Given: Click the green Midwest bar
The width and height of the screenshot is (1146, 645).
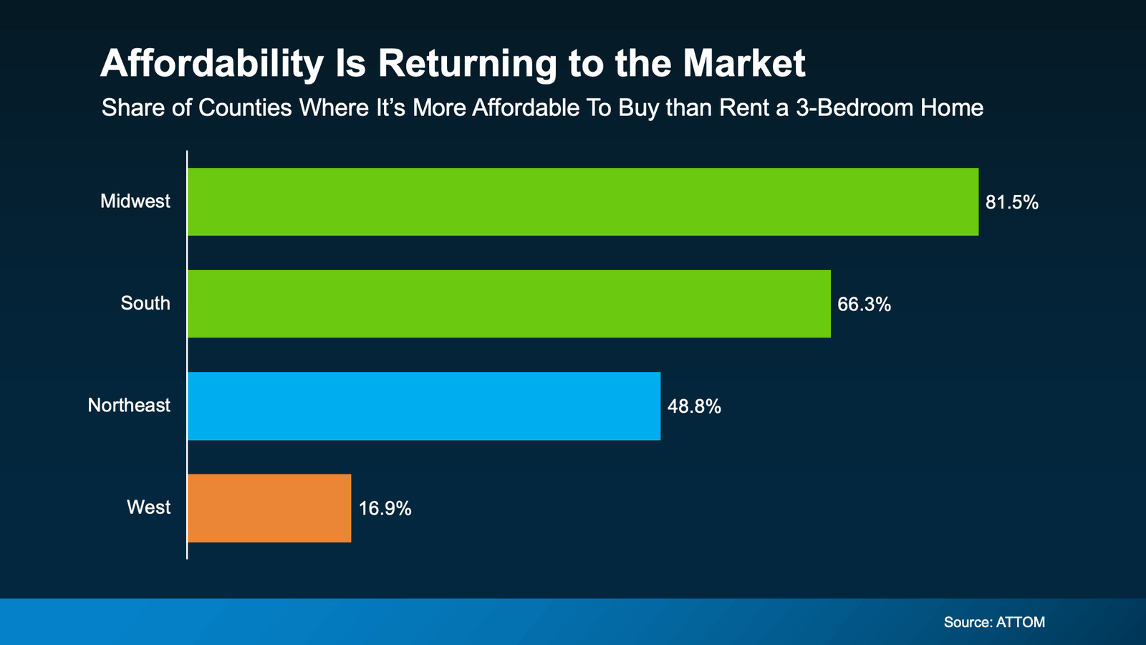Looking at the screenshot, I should (x=582, y=201).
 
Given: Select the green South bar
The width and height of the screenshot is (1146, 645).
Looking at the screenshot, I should (x=509, y=304).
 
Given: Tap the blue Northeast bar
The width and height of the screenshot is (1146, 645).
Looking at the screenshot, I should (x=423, y=406).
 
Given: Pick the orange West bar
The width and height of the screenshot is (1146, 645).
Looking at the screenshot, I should (x=269, y=507).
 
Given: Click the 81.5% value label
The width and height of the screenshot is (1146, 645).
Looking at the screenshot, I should (x=1011, y=203).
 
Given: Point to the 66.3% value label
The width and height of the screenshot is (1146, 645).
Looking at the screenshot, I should (x=864, y=305).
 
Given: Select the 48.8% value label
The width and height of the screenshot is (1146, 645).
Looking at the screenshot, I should (x=694, y=407).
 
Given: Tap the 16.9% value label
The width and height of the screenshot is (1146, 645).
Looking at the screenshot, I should (x=385, y=509).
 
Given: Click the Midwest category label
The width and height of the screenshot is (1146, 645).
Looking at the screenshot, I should (x=135, y=201).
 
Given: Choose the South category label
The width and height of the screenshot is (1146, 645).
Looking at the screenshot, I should (x=145, y=303).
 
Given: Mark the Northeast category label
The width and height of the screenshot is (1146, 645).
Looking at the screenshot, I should (x=129, y=406).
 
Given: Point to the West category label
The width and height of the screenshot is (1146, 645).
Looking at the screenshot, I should (x=149, y=507).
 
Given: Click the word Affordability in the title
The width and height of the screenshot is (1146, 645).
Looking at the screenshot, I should (x=212, y=64).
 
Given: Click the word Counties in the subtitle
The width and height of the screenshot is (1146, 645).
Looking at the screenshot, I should (x=245, y=108).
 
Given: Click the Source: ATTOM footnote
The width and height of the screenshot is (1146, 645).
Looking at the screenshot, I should (x=994, y=622).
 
